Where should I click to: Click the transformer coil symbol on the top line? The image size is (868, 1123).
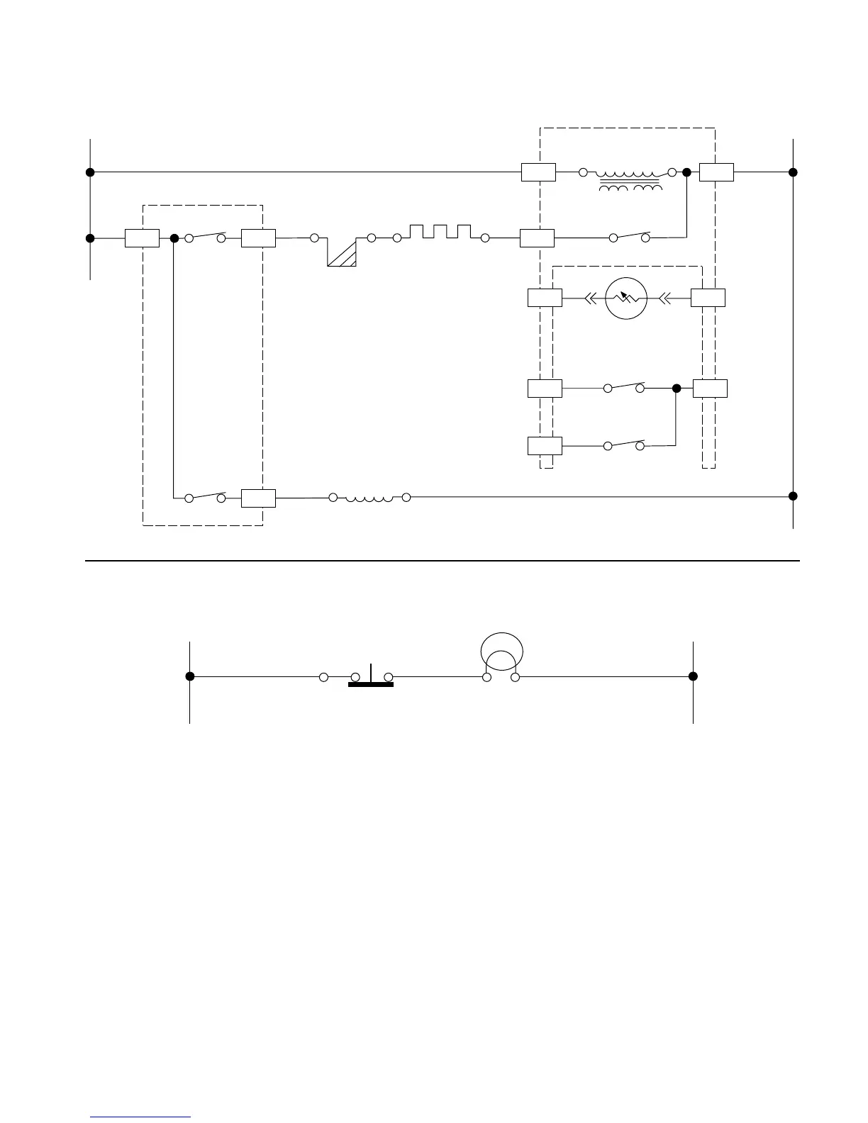click(x=628, y=179)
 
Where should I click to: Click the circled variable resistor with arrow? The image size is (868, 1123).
click(x=626, y=298)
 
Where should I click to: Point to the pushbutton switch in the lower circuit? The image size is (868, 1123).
click(x=370, y=678)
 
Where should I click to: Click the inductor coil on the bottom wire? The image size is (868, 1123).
click(x=369, y=498)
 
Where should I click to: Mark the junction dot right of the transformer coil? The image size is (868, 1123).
click(x=686, y=172)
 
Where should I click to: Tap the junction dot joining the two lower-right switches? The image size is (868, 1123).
click(x=677, y=389)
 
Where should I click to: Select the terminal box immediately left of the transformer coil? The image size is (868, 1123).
click(x=538, y=172)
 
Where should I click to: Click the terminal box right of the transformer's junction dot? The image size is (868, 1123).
click(x=716, y=172)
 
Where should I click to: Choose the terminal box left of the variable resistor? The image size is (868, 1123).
click(x=545, y=298)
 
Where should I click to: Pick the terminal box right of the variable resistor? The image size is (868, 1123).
click(x=708, y=298)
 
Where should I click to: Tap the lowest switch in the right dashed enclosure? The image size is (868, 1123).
click(x=624, y=445)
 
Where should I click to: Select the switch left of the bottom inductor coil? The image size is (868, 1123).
click(x=205, y=497)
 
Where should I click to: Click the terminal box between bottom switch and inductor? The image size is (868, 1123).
click(x=258, y=498)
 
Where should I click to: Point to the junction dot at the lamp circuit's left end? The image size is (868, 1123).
click(x=190, y=676)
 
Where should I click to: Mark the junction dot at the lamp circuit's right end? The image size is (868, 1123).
click(x=693, y=676)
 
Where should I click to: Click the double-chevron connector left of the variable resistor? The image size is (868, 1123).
click(x=590, y=298)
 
